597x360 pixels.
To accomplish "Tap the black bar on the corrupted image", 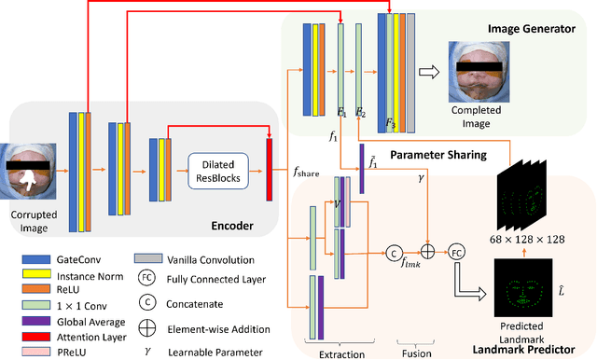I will click(x=32, y=165).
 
